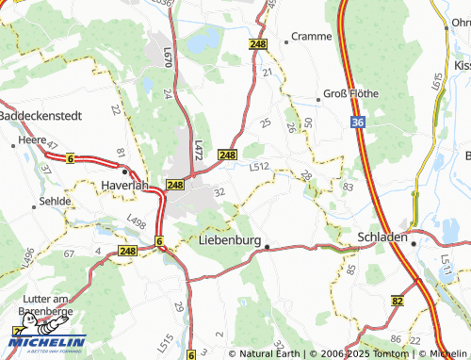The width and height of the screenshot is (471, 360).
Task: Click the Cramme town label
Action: tap(312, 36)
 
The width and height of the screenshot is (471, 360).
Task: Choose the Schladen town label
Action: tap(382, 237)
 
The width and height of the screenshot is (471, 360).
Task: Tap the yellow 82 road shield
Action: tap(398, 300)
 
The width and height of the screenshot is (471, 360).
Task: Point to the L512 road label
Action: tap(260, 167)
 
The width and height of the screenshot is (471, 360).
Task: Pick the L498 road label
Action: tap(136, 223)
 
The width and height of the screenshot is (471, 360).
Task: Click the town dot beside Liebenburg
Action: tap(267, 247)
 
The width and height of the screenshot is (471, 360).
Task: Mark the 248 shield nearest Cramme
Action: tap(258, 44)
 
